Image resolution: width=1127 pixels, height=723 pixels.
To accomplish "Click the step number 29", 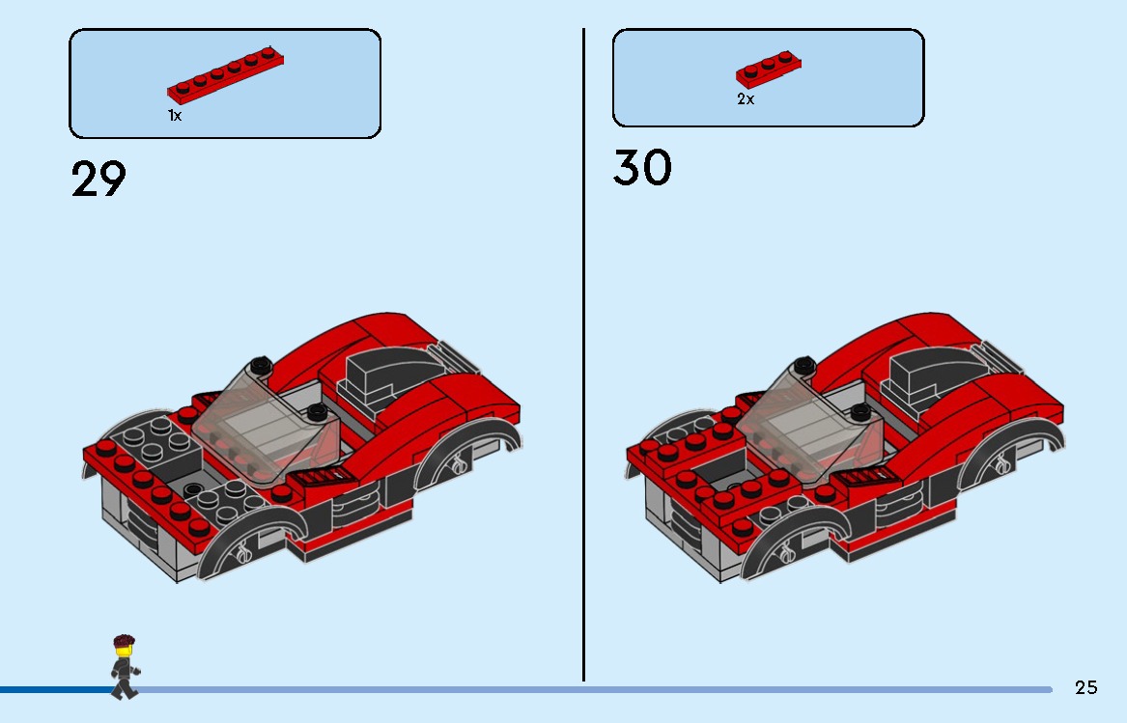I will pyautogui.click(x=99, y=180).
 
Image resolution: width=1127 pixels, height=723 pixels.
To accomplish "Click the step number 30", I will pyautogui.click(x=642, y=168).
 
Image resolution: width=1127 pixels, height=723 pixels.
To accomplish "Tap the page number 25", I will pyautogui.click(x=1086, y=687).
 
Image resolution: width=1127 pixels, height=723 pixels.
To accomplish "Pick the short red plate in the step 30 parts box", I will pyautogui.click(x=769, y=69).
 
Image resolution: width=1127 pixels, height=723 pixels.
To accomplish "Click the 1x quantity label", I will pyautogui.click(x=175, y=116).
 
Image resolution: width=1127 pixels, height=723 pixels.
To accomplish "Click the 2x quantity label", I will pyautogui.click(x=746, y=99).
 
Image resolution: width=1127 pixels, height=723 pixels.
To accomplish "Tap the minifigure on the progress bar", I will pyautogui.click(x=124, y=666).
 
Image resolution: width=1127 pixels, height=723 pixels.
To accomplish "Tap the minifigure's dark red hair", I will pyautogui.click(x=124, y=641).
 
